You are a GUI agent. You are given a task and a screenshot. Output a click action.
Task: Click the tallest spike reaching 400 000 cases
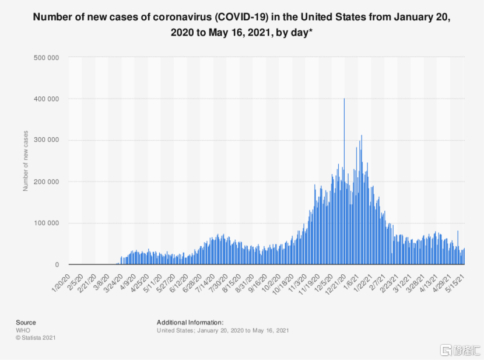[x=344, y=100]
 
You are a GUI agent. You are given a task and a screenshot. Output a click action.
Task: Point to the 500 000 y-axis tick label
[x=48, y=58]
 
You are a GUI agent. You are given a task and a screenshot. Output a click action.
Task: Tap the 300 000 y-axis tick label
[x=48, y=141]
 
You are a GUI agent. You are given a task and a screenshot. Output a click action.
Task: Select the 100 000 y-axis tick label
[x=48, y=223]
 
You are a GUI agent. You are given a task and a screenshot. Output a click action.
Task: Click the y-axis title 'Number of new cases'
[x=26, y=160]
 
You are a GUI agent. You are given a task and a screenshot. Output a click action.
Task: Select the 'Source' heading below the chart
[x=26, y=322]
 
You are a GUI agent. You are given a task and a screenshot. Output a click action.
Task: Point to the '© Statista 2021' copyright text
[x=36, y=337]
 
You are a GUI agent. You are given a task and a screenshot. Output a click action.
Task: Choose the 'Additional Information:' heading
[x=190, y=322]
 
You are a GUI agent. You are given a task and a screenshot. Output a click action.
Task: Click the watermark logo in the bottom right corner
[x=457, y=349]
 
